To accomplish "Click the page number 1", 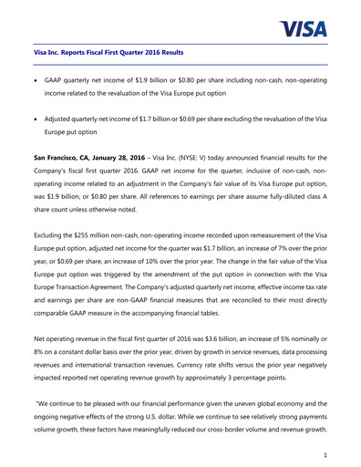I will pyautogui.click(x=324, y=450).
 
